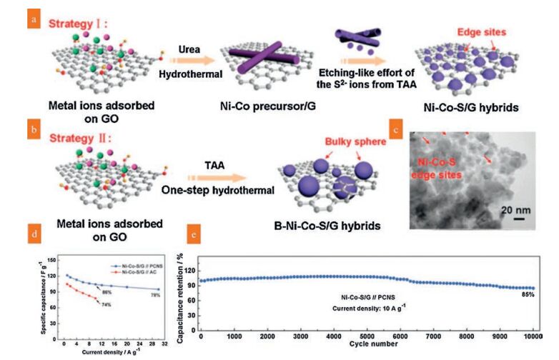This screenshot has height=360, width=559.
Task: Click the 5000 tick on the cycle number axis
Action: coord(367,336)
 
